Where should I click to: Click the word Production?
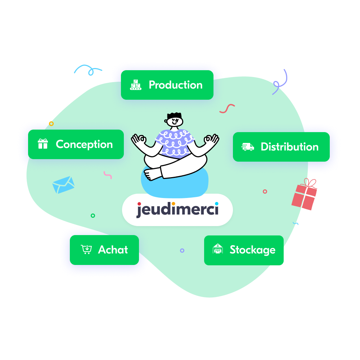(176, 85)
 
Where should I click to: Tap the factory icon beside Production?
(136, 85)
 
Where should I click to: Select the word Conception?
(84, 145)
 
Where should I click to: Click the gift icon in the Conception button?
(43, 144)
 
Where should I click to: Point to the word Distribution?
(290, 147)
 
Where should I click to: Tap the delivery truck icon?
(248, 147)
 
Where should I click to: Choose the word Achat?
(113, 249)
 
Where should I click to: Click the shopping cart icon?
(86, 249)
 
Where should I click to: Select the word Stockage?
(253, 250)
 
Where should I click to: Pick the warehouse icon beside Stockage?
(218, 249)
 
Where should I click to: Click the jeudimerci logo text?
(177, 210)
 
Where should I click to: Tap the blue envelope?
(63, 185)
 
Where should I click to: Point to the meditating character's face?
(175, 121)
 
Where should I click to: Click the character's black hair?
(175, 116)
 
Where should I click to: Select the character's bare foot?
(152, 174)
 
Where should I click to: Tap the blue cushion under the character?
(175, 184)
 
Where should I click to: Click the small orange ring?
(51, 124)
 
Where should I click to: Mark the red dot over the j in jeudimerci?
(139, 204)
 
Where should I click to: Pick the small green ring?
(93, 216)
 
